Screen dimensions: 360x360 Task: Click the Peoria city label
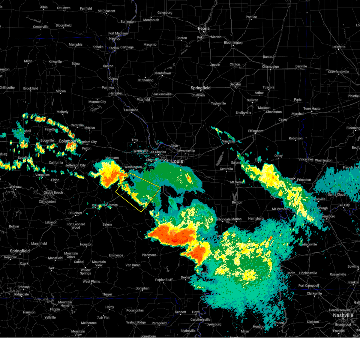pyautogui.click(x=203, y=28)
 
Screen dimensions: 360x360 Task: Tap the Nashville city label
pyautogui.click(x=343, y=315)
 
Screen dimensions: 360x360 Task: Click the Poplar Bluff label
pyautogui.click(x=164, y=280)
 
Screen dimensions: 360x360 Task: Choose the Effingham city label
pyautogui.click(x=256, y=131)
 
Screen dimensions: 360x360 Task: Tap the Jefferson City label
pyautogui.click(x=76, y=165)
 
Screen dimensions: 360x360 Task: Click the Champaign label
pyautogui.click(x=270, y=67)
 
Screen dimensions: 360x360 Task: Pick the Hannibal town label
pyautogui.click(x=116, y=93)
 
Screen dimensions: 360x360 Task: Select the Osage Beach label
pyautogui.click(x=53, y=193)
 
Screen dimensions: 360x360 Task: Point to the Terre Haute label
pyautogui.click(x=312, y=109)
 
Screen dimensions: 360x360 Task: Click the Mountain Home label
pyautogui.click(x=65, y=304)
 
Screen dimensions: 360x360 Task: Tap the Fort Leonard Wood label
pyautogui.click(x=76, y=226)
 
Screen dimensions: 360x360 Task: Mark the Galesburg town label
pyautogui.click(x=165, y=13)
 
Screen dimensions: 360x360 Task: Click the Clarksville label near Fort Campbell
pyautogui.click(x=314, y=293)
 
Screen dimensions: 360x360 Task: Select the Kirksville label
pyautogui.click(x=55, y=62)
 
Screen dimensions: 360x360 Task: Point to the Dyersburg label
pyautogui.click(x=214, y=324)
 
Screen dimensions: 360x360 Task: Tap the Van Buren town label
pyautogui.click(x=133, y=265)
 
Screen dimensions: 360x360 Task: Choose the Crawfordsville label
pyautogui.click(x=338, y=72)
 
